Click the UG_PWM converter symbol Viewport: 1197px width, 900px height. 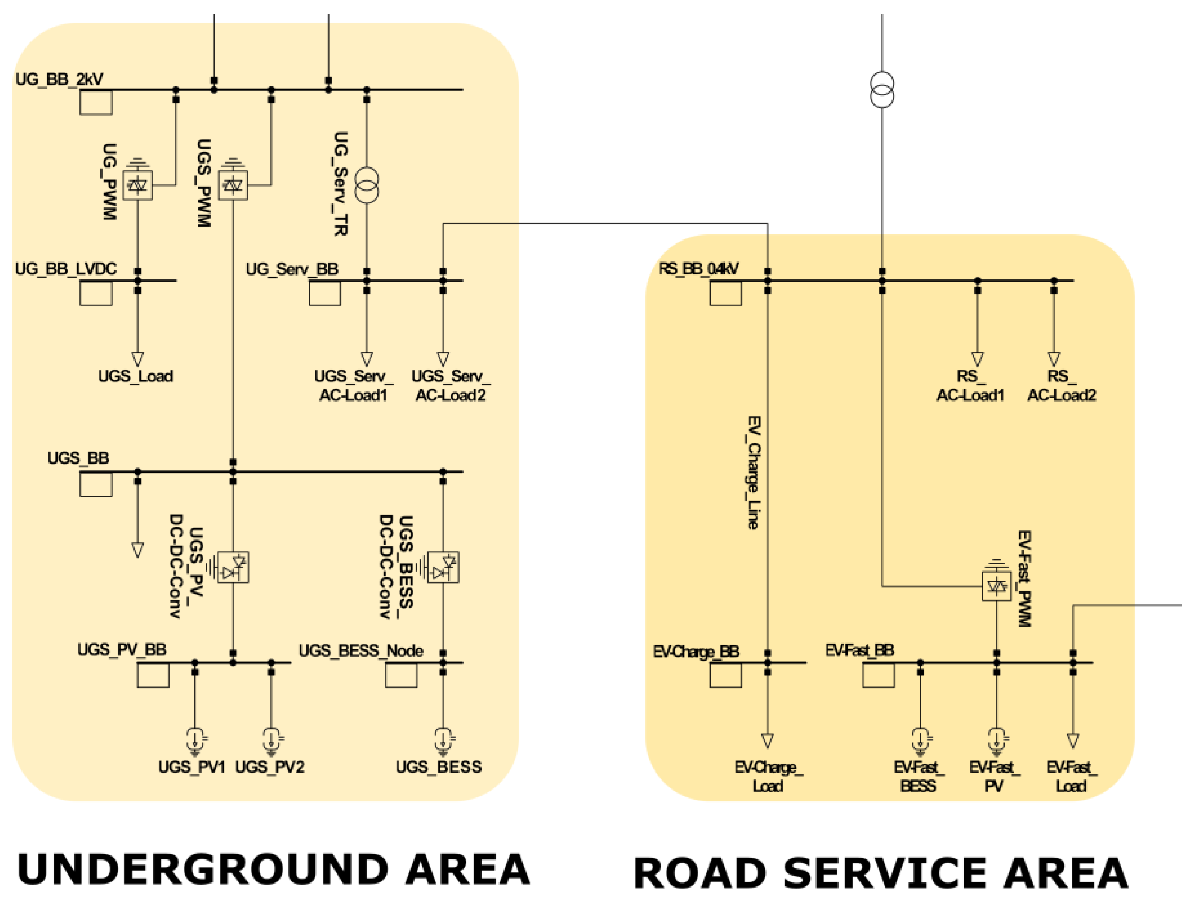(x=137, y=185)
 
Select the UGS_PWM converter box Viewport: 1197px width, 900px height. (x=233, y=185)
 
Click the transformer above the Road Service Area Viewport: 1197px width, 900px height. (x=882, y=90)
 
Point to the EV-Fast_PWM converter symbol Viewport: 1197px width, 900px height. (x=996, y=586)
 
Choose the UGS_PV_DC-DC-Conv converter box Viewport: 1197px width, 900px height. (x=233, y=567)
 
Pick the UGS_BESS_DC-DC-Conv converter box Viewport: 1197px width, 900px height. (x=443, y=567)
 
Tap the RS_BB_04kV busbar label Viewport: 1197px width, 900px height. (x=698, y=269)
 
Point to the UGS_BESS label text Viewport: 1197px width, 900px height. (x=438, y=767)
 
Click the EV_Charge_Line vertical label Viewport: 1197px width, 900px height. (x=753, y=472)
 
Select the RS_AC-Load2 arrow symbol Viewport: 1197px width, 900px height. (x=1054, y=359)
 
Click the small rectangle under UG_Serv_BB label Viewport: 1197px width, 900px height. (x=325, y=294)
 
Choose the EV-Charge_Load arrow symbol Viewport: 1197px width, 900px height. (x=767, y=740)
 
